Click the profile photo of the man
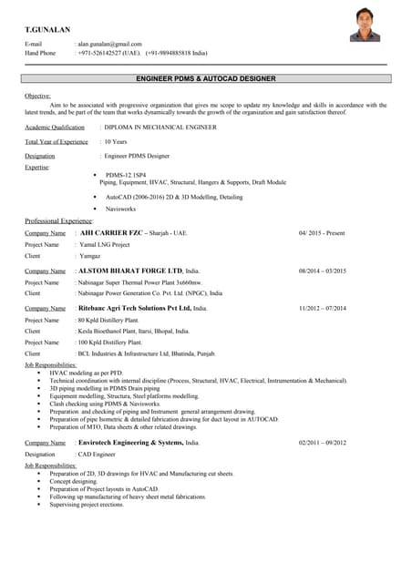(366, 26)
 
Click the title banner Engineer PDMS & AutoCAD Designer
(205, 79)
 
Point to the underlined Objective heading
(37, 96)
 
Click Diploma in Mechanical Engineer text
(160, 128)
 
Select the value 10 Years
(116, 142)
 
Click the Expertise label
(37, 167)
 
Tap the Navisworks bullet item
(123, 209)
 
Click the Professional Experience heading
(59, 220)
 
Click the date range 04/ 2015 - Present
(322, 233)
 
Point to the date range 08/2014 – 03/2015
(323, 271)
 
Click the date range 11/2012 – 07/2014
(323, 309)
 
